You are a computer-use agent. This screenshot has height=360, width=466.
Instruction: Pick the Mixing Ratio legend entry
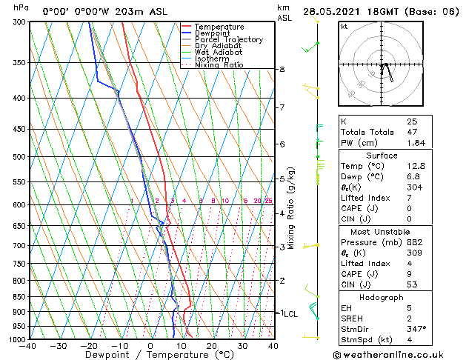219,65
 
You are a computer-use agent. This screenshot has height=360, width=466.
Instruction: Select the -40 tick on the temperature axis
28,346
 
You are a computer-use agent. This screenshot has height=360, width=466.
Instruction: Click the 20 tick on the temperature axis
212,346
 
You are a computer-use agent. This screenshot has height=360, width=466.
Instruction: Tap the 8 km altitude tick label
282,70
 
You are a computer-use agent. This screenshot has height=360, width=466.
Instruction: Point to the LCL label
290,314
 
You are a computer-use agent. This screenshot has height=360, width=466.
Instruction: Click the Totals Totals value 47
412,132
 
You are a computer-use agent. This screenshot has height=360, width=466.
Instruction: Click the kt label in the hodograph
344,27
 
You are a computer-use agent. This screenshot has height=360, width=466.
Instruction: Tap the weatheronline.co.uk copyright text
399,354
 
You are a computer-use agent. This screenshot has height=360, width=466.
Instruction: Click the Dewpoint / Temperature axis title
150,356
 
